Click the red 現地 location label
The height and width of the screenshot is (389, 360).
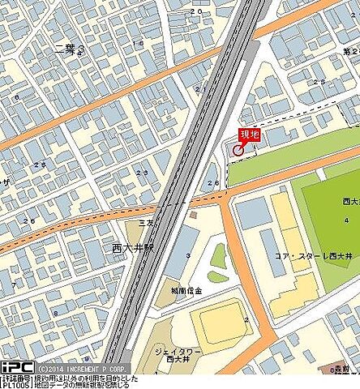tap(249, 135)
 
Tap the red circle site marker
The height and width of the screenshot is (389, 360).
tap(238, 149)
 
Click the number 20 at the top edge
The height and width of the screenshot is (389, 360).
tap(195, 13)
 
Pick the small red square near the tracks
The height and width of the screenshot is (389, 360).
tap(193, 216)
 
